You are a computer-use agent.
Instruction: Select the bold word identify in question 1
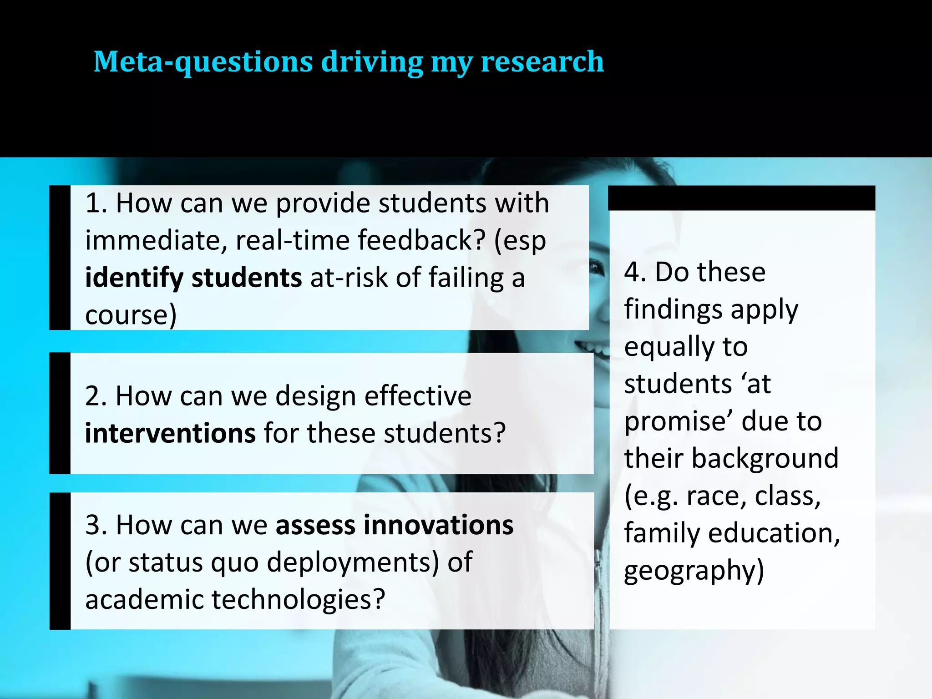(x=134, y=278)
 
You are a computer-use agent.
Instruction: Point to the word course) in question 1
(x=131, y=315)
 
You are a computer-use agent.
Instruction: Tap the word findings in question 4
(x=674, y=309)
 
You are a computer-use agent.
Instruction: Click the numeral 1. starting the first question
(x=96, y=203)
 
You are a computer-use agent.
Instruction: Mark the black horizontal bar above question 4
(x=741, y=198)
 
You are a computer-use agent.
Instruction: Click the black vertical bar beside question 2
(x=60, y=413)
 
